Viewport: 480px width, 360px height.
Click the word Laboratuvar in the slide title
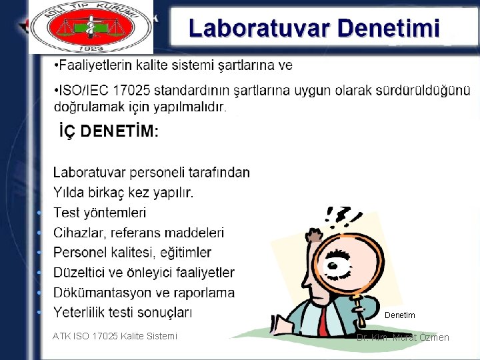point(259,29)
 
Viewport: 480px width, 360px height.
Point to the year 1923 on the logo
point(91,48)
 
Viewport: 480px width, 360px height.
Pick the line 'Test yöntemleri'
point(99,213)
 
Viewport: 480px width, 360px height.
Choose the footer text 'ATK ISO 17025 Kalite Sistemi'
point(115,336)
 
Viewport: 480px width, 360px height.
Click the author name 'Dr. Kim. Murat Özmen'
point(403,337)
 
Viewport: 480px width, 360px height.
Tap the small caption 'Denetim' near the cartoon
point(400,315)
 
